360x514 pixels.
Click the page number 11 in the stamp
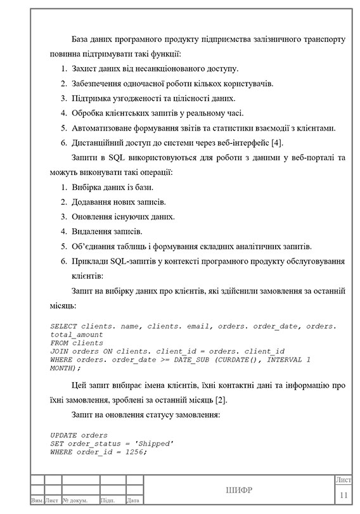(x=344, y=495)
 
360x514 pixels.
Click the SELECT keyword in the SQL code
(x=63, y=326)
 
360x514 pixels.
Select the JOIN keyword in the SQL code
(x=60, y=351)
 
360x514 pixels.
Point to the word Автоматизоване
(x=108, y=128)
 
